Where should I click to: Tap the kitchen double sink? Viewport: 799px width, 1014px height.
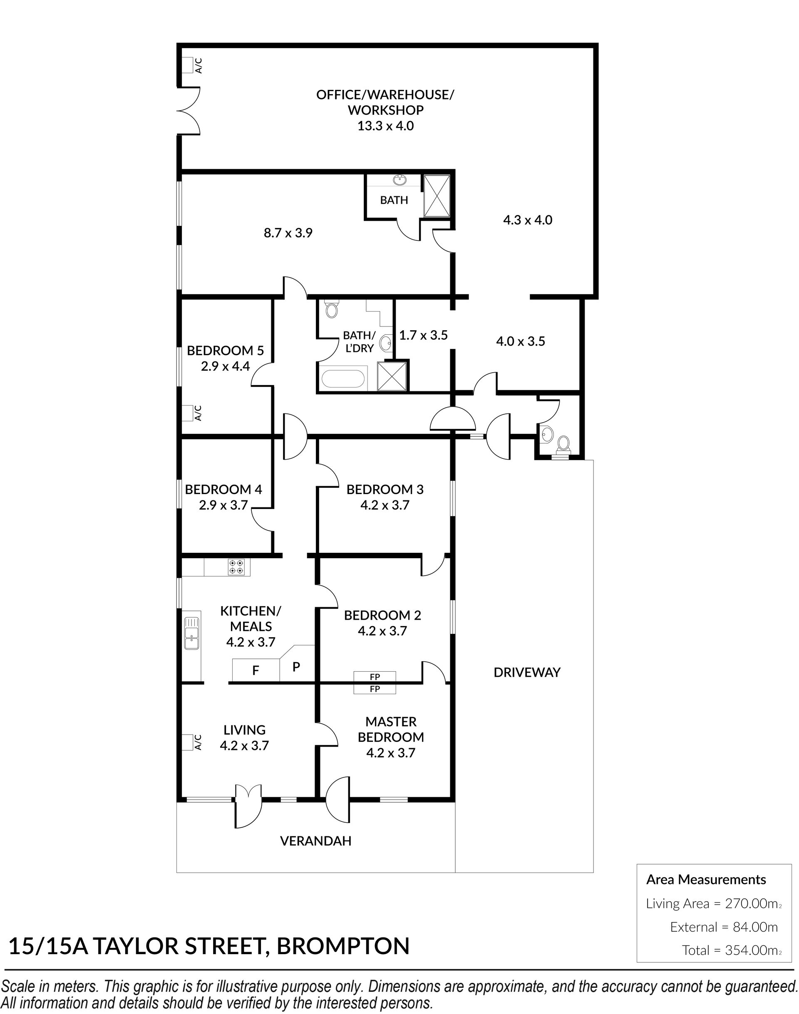(191, 633)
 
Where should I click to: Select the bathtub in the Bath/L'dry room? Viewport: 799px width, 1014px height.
(342, 379)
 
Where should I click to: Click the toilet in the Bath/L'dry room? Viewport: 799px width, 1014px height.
(331, 309)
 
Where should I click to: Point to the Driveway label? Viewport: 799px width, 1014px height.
(527, 672)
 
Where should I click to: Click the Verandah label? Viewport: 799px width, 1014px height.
(315, 841)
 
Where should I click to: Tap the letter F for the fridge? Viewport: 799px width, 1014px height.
(256, 671)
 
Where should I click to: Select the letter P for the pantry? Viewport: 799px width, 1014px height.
(296, 667)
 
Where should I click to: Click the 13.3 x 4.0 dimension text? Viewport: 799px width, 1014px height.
(385, 126)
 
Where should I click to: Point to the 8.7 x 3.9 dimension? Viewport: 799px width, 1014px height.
(288, 233)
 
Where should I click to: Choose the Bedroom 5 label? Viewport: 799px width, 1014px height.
(226, 350)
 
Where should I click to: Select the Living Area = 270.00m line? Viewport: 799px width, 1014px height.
(714, 904)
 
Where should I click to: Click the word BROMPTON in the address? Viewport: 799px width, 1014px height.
(343, 946)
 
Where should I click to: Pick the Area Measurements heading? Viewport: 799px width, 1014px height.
(706, 880)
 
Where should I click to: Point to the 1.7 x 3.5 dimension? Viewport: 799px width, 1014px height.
(423, 335)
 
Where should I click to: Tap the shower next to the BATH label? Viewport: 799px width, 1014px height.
(437, 195)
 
